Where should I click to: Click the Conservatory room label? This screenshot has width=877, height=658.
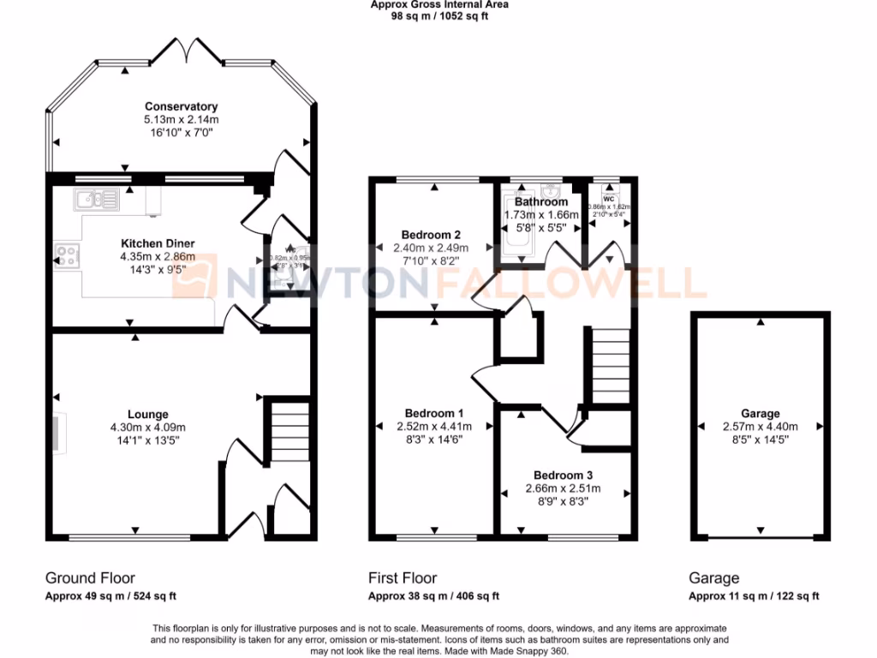[181, 106]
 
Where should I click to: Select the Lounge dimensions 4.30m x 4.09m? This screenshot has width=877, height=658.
[147, 427]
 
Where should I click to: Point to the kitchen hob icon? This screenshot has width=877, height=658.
[67, 254]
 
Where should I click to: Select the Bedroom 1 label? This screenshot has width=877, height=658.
[433, 413]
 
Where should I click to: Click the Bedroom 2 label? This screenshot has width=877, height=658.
[432, 235]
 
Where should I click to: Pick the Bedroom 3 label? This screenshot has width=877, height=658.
[563, 475]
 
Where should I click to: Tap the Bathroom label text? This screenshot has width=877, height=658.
[540, 202]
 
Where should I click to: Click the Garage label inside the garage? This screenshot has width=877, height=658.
[761, 414]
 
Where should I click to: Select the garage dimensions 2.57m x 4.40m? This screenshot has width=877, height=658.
[761, 427]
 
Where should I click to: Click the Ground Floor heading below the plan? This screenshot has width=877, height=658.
[90, 578]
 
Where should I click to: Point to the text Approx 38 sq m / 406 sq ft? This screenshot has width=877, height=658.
[433, 596]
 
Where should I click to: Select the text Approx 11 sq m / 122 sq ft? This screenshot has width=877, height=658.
[754, 596]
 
